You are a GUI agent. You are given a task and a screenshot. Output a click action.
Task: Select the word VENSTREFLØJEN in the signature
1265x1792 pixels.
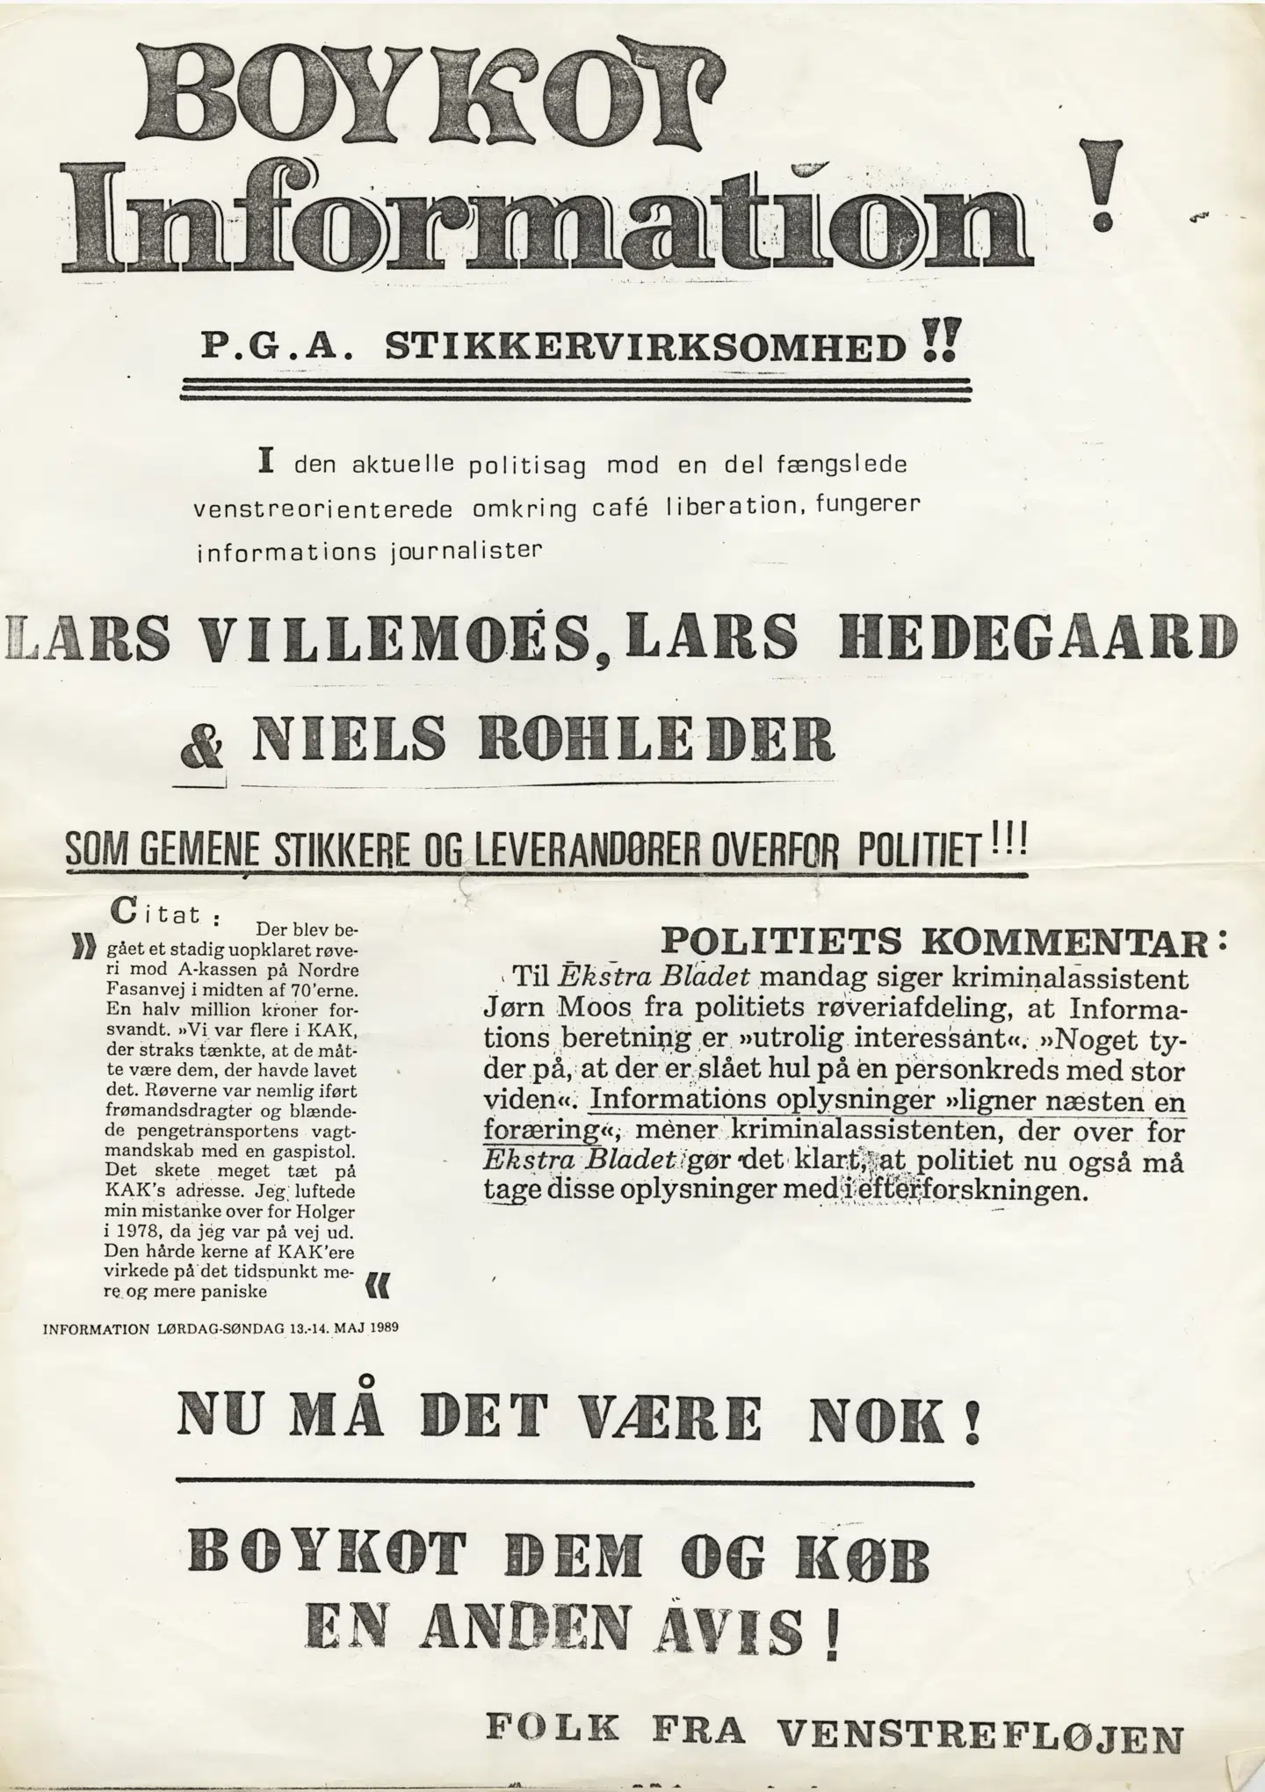(x=980, y=1732)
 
